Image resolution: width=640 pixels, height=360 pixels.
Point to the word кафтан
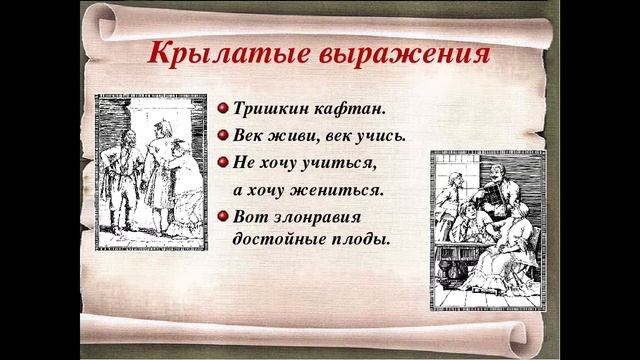pos(348,108)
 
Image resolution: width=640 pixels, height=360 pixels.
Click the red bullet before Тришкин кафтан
pos(224,108)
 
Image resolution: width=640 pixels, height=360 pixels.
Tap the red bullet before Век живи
pos(224,135)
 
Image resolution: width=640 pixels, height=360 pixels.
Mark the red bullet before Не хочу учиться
pos(224,162)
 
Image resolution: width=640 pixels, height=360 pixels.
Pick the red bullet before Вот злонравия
pos(224,215)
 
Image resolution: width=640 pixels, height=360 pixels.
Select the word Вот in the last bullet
pos(249,216)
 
